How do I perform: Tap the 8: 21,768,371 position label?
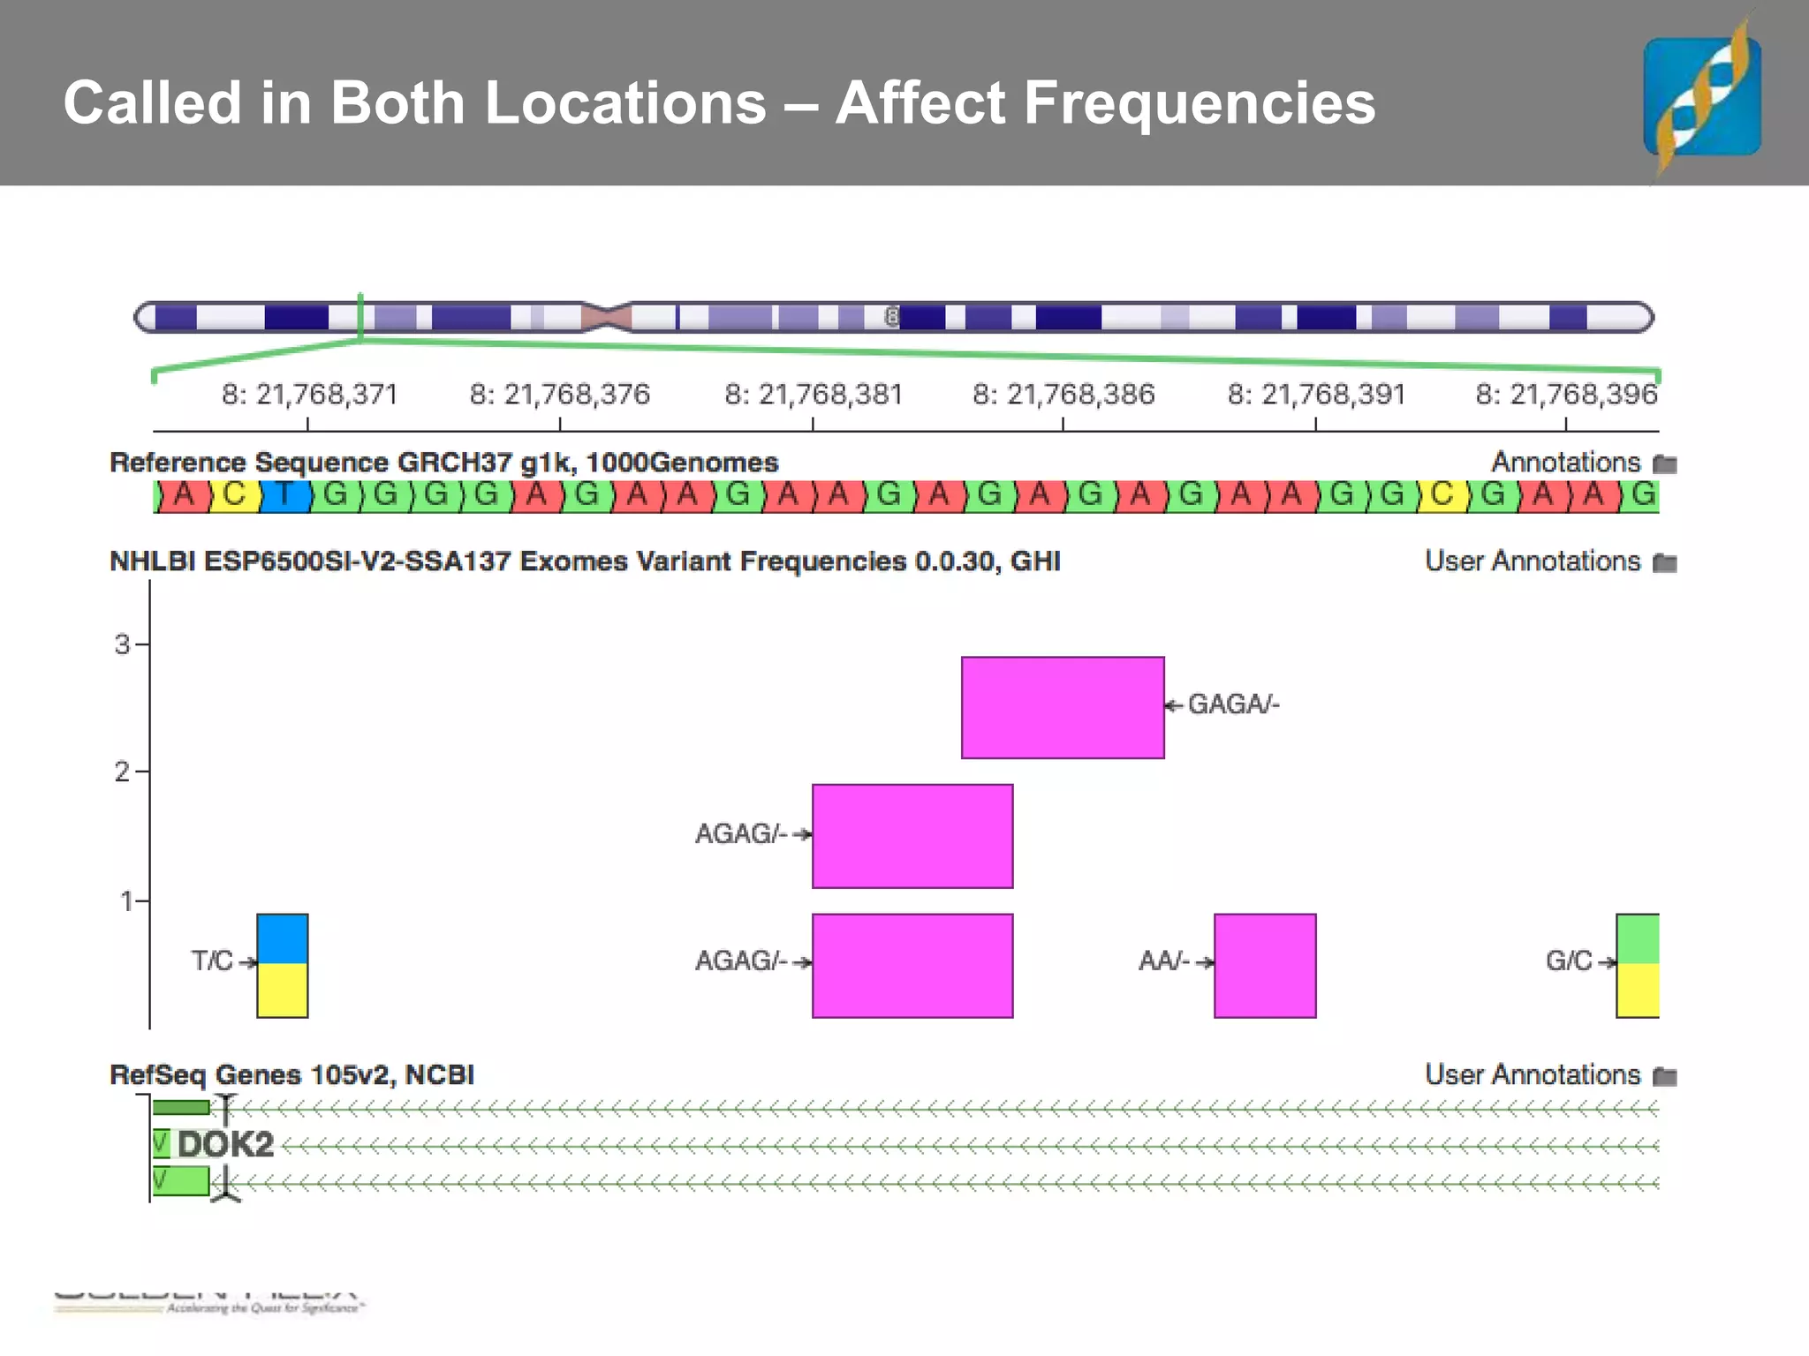pos(309,394)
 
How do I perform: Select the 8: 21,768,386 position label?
pos(1063,394)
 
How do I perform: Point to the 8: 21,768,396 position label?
pos(1566,394)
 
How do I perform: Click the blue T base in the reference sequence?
pos(284,495)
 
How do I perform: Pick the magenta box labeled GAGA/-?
pos(1063,707)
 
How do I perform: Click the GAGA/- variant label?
pos(1233,704)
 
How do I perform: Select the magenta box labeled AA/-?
pos(1265,965)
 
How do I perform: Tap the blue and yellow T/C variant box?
pos(283,965)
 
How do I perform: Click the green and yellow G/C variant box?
pos(1638,965)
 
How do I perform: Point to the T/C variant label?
pos(212,960)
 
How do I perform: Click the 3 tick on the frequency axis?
pos(123,644)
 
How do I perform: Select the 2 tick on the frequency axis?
pos(123,772)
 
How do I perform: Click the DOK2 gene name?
pos(225,1145)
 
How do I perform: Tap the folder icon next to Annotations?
pos(1665,463)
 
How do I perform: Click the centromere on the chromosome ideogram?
pos(607,317)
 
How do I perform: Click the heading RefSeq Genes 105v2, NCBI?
pos(291,1074)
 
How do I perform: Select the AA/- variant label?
pos(1164,960)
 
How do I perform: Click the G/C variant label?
pos(1569,960)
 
